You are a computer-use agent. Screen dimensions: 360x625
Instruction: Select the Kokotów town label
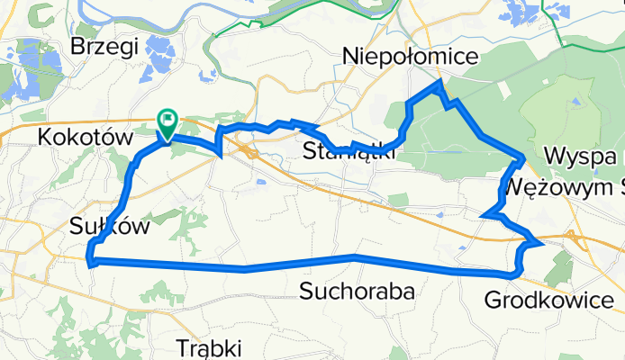86,137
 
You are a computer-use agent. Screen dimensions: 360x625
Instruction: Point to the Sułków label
108,227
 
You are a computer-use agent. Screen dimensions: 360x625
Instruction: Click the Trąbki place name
210,346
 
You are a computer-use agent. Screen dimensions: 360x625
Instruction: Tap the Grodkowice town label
550,299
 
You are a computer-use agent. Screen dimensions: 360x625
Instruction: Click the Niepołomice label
410,58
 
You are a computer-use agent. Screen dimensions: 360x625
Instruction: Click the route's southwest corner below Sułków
90,261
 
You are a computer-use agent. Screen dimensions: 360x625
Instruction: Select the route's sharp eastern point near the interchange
540,242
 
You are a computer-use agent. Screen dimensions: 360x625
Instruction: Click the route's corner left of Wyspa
523,159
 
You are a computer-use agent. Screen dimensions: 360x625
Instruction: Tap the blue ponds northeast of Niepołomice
527,13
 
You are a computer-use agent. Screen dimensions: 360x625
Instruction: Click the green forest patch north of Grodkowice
559,267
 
